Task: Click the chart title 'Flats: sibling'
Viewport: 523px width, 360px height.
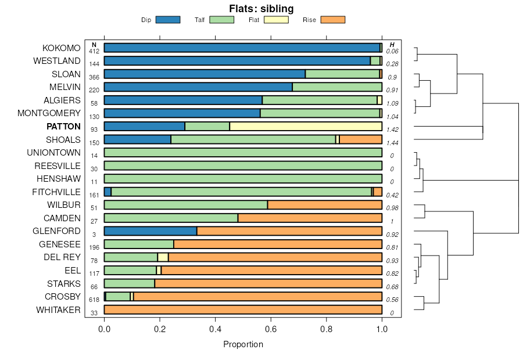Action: pyautogui.click(x=261, y=8)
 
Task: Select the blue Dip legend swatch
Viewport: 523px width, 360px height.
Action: pyautogui.click(x=168, y=20)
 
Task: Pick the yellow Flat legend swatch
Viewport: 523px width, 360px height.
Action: pyautogui.click(x=276, y=20)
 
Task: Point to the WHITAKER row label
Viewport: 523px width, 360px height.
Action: pyautogui.click(x=58, y=309)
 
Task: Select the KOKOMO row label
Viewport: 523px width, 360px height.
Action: pyautogui.click(x=61, y=48)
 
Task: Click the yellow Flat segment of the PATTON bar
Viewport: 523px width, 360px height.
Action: pyautogui.click(x=306, y=127)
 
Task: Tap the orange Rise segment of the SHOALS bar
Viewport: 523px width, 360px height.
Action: pyautogui.click(x=361, y=139)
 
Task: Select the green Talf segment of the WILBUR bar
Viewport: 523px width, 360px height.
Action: pyautogui.click(x=186, y=205)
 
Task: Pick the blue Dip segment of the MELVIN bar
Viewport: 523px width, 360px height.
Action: pyautogui.click(x=198, y=87)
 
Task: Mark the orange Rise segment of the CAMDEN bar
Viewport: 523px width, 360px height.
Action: pyautogui.click(x=310, y=218)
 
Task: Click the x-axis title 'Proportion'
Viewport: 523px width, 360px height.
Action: pyautogui.click(x=243, y=344)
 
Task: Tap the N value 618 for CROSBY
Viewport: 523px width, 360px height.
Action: pyautogui.click(x=94, y=300)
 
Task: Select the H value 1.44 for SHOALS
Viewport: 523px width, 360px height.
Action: pyautogui.click(x=392, y=143)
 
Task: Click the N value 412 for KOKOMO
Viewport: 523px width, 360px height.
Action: pyautogui.click(x=94, y=51)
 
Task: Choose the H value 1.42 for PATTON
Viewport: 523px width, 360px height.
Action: pyautogui.click(x=392, y=129)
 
